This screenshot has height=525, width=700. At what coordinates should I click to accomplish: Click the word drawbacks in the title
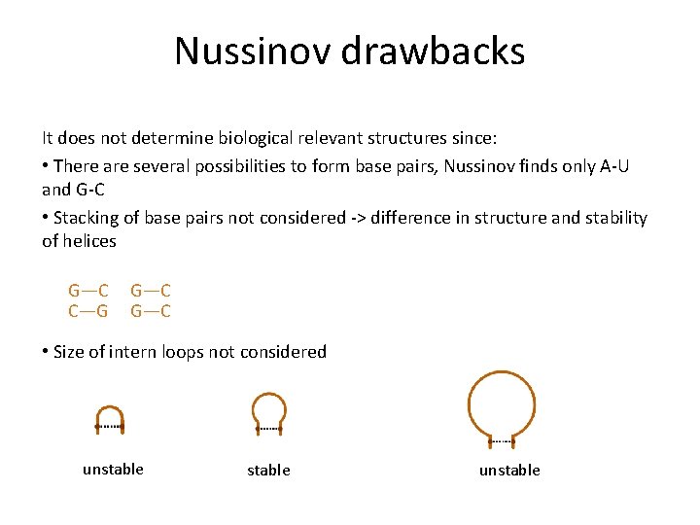click(x=446, y=51)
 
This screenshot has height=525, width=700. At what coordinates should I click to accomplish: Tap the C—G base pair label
click(x=88, y=311)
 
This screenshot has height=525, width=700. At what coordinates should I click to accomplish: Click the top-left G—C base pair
click(x=88, y=290)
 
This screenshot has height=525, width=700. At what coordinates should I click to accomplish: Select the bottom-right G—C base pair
click(x=151, y=311)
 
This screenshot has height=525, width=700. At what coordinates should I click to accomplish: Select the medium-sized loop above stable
click(x=268, y=411)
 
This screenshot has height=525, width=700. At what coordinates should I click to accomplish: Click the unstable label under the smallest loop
click(x=113, y=470)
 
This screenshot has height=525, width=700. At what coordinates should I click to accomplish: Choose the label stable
click(x=268, y=471)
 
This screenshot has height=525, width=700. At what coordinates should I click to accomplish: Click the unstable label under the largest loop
click(x=508, y=471)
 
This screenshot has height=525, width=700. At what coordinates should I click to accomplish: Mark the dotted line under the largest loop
click(x=502, y=442)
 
